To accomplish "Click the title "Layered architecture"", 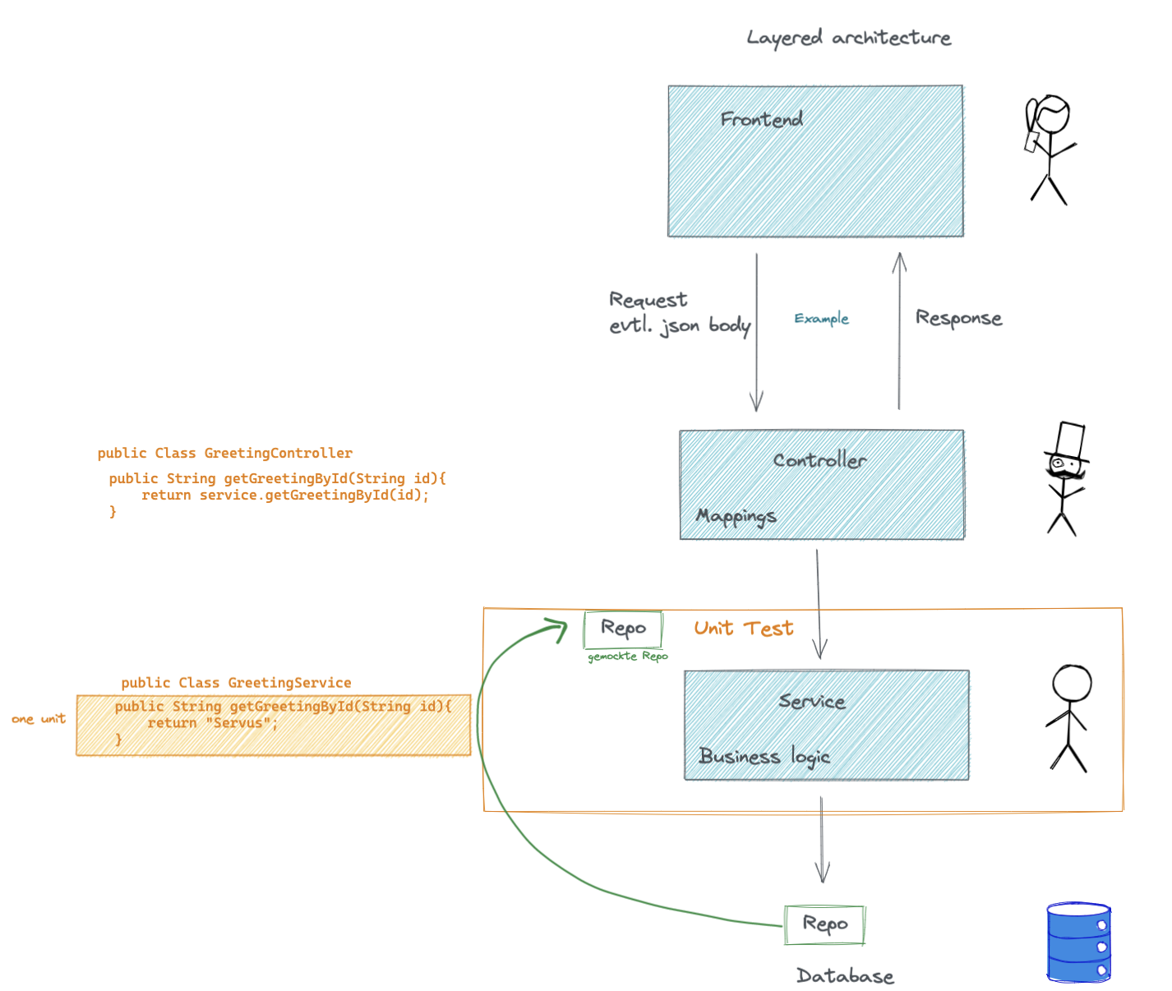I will [x=848, y=38].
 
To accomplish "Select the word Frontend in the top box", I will [x=761, y=120].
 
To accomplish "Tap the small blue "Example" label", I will [x=821, y=319].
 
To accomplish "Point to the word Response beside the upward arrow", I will [x=958, y=319].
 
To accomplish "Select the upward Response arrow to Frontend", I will [x=899, y=329].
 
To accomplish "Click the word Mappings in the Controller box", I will [x=736, y=516].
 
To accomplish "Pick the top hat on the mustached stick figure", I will [x=1069, y=441].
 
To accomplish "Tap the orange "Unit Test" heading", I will [x=743, y=629].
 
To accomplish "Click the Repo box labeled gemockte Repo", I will [x=623, y=629].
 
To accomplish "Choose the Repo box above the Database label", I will [x=824, y=924].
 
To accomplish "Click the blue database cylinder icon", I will [x=1078, y=943].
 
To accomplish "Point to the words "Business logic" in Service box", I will [x=764, y=756].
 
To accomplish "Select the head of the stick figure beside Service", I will [x=1072, y=683].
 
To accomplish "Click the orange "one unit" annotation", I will [x=39, y=719].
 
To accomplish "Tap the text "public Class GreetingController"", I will [x=224, y=453].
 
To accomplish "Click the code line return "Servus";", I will [x=212, y=723].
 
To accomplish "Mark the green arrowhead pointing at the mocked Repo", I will [x=559, y=629].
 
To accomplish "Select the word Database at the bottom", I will [x=845, y=976].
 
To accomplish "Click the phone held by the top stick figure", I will [x=1031, y=141].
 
